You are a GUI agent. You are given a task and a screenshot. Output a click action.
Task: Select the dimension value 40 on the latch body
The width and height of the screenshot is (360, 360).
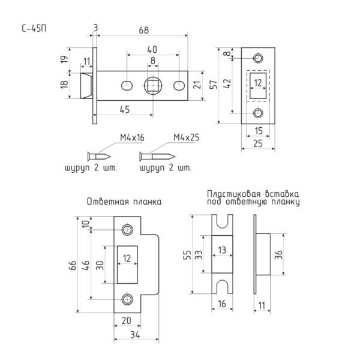(152, 49)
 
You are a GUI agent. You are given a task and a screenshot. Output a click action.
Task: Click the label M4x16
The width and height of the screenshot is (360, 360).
(133, 138)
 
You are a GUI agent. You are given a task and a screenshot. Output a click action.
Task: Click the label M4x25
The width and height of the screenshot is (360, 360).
(187, 138)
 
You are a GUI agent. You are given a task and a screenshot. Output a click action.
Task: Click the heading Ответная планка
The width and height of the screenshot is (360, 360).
(124, 202)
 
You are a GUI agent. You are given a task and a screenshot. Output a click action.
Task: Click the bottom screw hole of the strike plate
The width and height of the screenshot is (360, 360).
(127, 299)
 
